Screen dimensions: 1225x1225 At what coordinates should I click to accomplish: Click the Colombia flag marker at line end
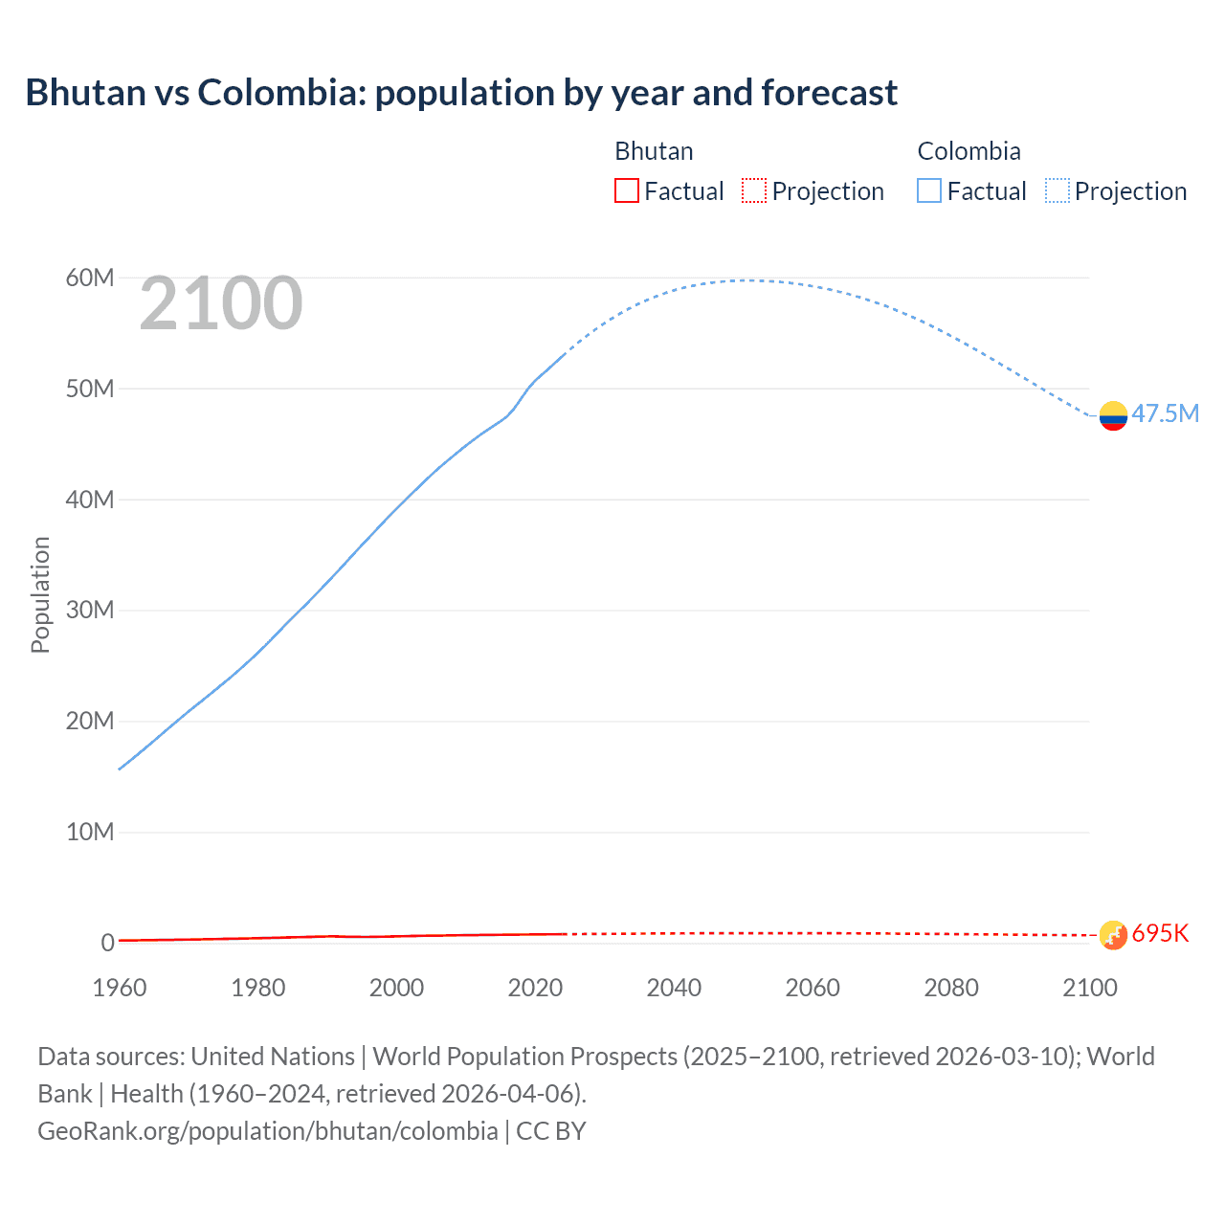pos(1113,415)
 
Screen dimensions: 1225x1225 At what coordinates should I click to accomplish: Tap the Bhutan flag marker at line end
pos(1113,935)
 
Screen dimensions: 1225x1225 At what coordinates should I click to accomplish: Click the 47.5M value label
pos(1165,413)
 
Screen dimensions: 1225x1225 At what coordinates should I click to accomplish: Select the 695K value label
pos(1160,934)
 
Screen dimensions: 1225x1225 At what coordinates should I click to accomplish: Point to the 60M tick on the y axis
pos(90,278)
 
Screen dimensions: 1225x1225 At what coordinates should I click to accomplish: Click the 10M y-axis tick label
pos(90,833)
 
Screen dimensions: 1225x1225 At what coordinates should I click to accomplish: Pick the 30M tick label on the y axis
pos(90,611)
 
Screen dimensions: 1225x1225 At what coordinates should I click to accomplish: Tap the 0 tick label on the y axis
pos(107,944)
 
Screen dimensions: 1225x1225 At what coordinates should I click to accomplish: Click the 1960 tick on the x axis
pos(120,988)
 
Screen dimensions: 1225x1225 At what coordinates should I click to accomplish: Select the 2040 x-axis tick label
pos(674,988)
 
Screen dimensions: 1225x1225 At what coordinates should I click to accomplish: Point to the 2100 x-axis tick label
pos(1089,988)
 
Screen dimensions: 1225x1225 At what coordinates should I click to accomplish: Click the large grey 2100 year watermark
pos(221,304)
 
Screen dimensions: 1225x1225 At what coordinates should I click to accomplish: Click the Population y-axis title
pos(40,594)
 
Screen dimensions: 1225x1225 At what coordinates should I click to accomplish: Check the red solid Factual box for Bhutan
pos(626,190)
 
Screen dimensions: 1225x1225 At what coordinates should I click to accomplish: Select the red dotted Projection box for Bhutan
pos(754,190)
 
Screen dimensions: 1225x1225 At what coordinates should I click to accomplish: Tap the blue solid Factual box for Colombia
pos(929,190)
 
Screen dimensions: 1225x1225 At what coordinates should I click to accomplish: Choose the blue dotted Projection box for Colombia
pos(1057,190)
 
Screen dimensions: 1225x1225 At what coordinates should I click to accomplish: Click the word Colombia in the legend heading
pos(969,151)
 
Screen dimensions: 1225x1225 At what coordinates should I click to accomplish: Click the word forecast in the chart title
pos(829,93)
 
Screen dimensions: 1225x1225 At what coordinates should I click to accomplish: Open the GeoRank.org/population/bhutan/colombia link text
pos(267,1131)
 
